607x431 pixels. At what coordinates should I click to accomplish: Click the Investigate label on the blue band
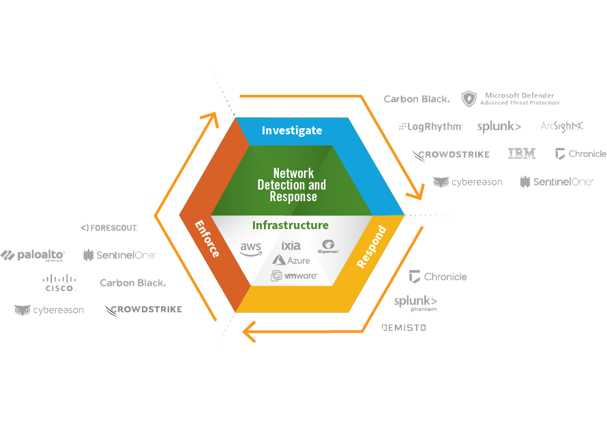tap(291, 130)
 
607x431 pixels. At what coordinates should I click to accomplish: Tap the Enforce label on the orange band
tap(207, 239)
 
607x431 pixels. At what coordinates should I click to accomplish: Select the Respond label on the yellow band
tap(372, 246)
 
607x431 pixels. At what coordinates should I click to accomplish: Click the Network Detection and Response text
tap(292, 185)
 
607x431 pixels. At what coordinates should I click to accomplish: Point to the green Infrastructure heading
tap(291, 225)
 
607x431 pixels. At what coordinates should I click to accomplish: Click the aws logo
tap(251, 250)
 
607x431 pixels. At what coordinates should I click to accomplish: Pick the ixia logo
tap(291, 246)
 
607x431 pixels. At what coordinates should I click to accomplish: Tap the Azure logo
tap(291, 260)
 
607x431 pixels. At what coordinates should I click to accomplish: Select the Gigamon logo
tap(328, 247)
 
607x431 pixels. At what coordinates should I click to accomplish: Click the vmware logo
tap(294, 276)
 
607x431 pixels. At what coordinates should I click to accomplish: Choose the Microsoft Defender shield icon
tap(469, 99)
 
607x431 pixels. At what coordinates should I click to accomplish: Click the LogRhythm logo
tap(431, 126)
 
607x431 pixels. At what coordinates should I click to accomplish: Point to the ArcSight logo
tap(561, 126)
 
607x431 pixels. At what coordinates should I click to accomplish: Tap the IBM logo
tap(522, 154)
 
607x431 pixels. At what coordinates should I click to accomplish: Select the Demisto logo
tap(404, 328)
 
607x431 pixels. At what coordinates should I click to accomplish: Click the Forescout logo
tap(109, 228)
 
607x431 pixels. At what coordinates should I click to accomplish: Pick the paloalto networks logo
tap(33, 256)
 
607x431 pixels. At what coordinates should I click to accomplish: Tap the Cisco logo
tap(59, 283)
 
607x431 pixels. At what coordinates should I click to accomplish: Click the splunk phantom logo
tap(415, 303)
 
